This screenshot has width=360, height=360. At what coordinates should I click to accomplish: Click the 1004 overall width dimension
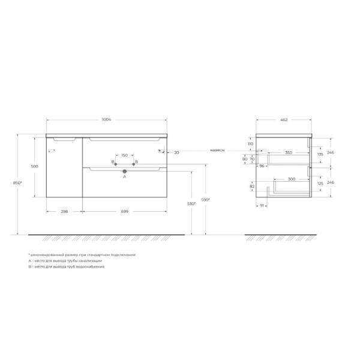coord(106,120)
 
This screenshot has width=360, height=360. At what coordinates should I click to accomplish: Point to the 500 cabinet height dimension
coord(35,166)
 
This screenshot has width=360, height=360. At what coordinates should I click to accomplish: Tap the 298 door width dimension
coord(64,211)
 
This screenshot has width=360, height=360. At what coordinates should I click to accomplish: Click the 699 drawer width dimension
coord(125,211)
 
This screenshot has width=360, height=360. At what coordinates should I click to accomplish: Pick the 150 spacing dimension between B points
coord(124,155)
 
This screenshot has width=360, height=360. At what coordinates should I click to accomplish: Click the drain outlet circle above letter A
coord(125,172)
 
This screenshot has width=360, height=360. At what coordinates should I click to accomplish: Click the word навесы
coord(217,150)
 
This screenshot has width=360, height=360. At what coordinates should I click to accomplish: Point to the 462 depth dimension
coord(284,120)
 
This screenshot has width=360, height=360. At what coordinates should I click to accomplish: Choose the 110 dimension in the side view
coord(250,145)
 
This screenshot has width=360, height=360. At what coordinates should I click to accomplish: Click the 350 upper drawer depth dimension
coord(289,153)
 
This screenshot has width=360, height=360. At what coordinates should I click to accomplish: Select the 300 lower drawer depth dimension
coord(290,179)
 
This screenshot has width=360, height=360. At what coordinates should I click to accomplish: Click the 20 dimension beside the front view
coord(177,153)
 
